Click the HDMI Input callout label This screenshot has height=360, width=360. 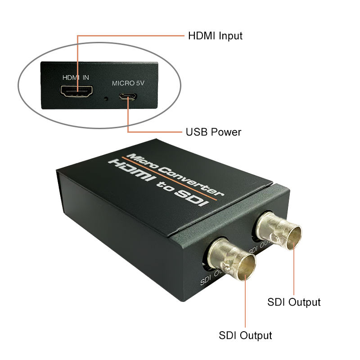coord(215,36)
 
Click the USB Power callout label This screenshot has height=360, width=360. coord(214,132)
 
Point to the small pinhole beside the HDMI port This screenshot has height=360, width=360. coord(106,97)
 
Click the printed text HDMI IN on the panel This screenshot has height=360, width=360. coord(76,77)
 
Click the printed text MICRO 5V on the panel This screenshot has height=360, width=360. coord(128,83)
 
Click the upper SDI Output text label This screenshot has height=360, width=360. coord(294,302)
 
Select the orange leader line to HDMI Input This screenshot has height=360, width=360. coord(130,36)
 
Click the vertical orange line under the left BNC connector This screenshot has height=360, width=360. coord(245,306)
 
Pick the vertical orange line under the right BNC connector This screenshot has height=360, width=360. coord(294,270)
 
